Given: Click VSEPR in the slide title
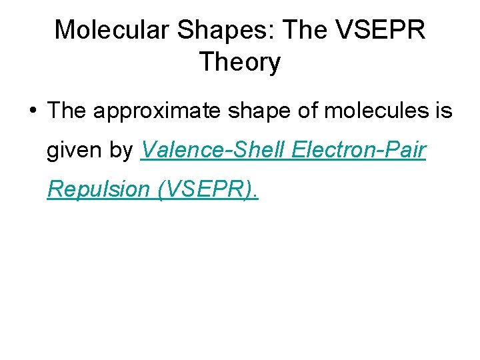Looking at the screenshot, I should click(381, 30).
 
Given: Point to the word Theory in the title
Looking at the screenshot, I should click(239, 63).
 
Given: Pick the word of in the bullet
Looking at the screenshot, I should click(308, 111).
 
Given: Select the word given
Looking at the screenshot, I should click(73, 151).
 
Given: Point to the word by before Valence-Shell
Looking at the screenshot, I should click(121, 151).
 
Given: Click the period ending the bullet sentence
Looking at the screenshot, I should click(255, 196).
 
